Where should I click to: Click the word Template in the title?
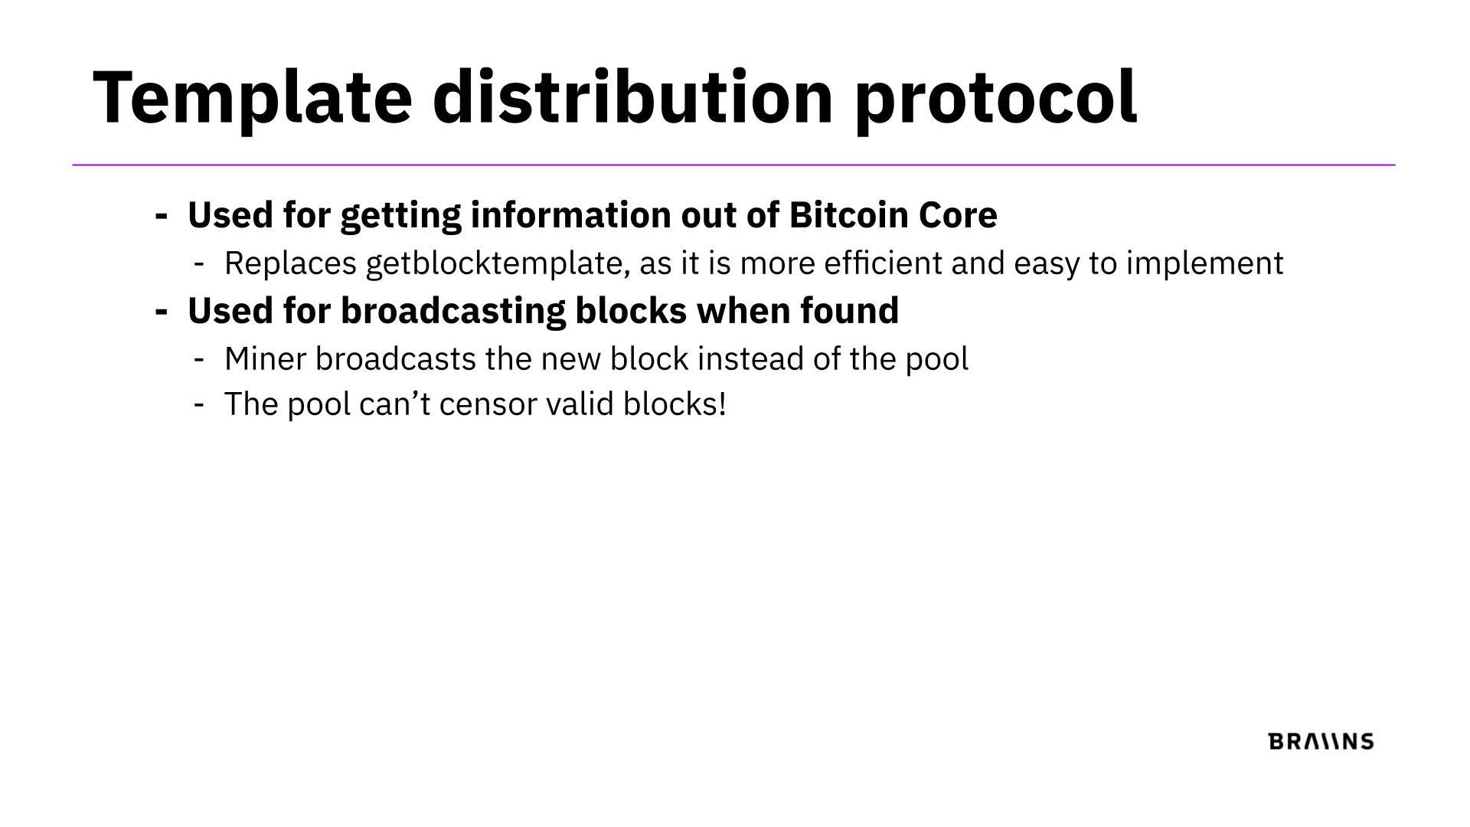click(253, 97)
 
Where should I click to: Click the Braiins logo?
click(1321, 741)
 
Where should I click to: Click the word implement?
click(1204, 263)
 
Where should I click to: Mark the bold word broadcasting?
click(453, 311)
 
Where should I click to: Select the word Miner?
click(265, 358)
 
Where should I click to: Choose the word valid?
click(580, 404)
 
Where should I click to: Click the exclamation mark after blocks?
click(721, 404)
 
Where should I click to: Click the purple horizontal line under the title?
click(733, 165)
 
